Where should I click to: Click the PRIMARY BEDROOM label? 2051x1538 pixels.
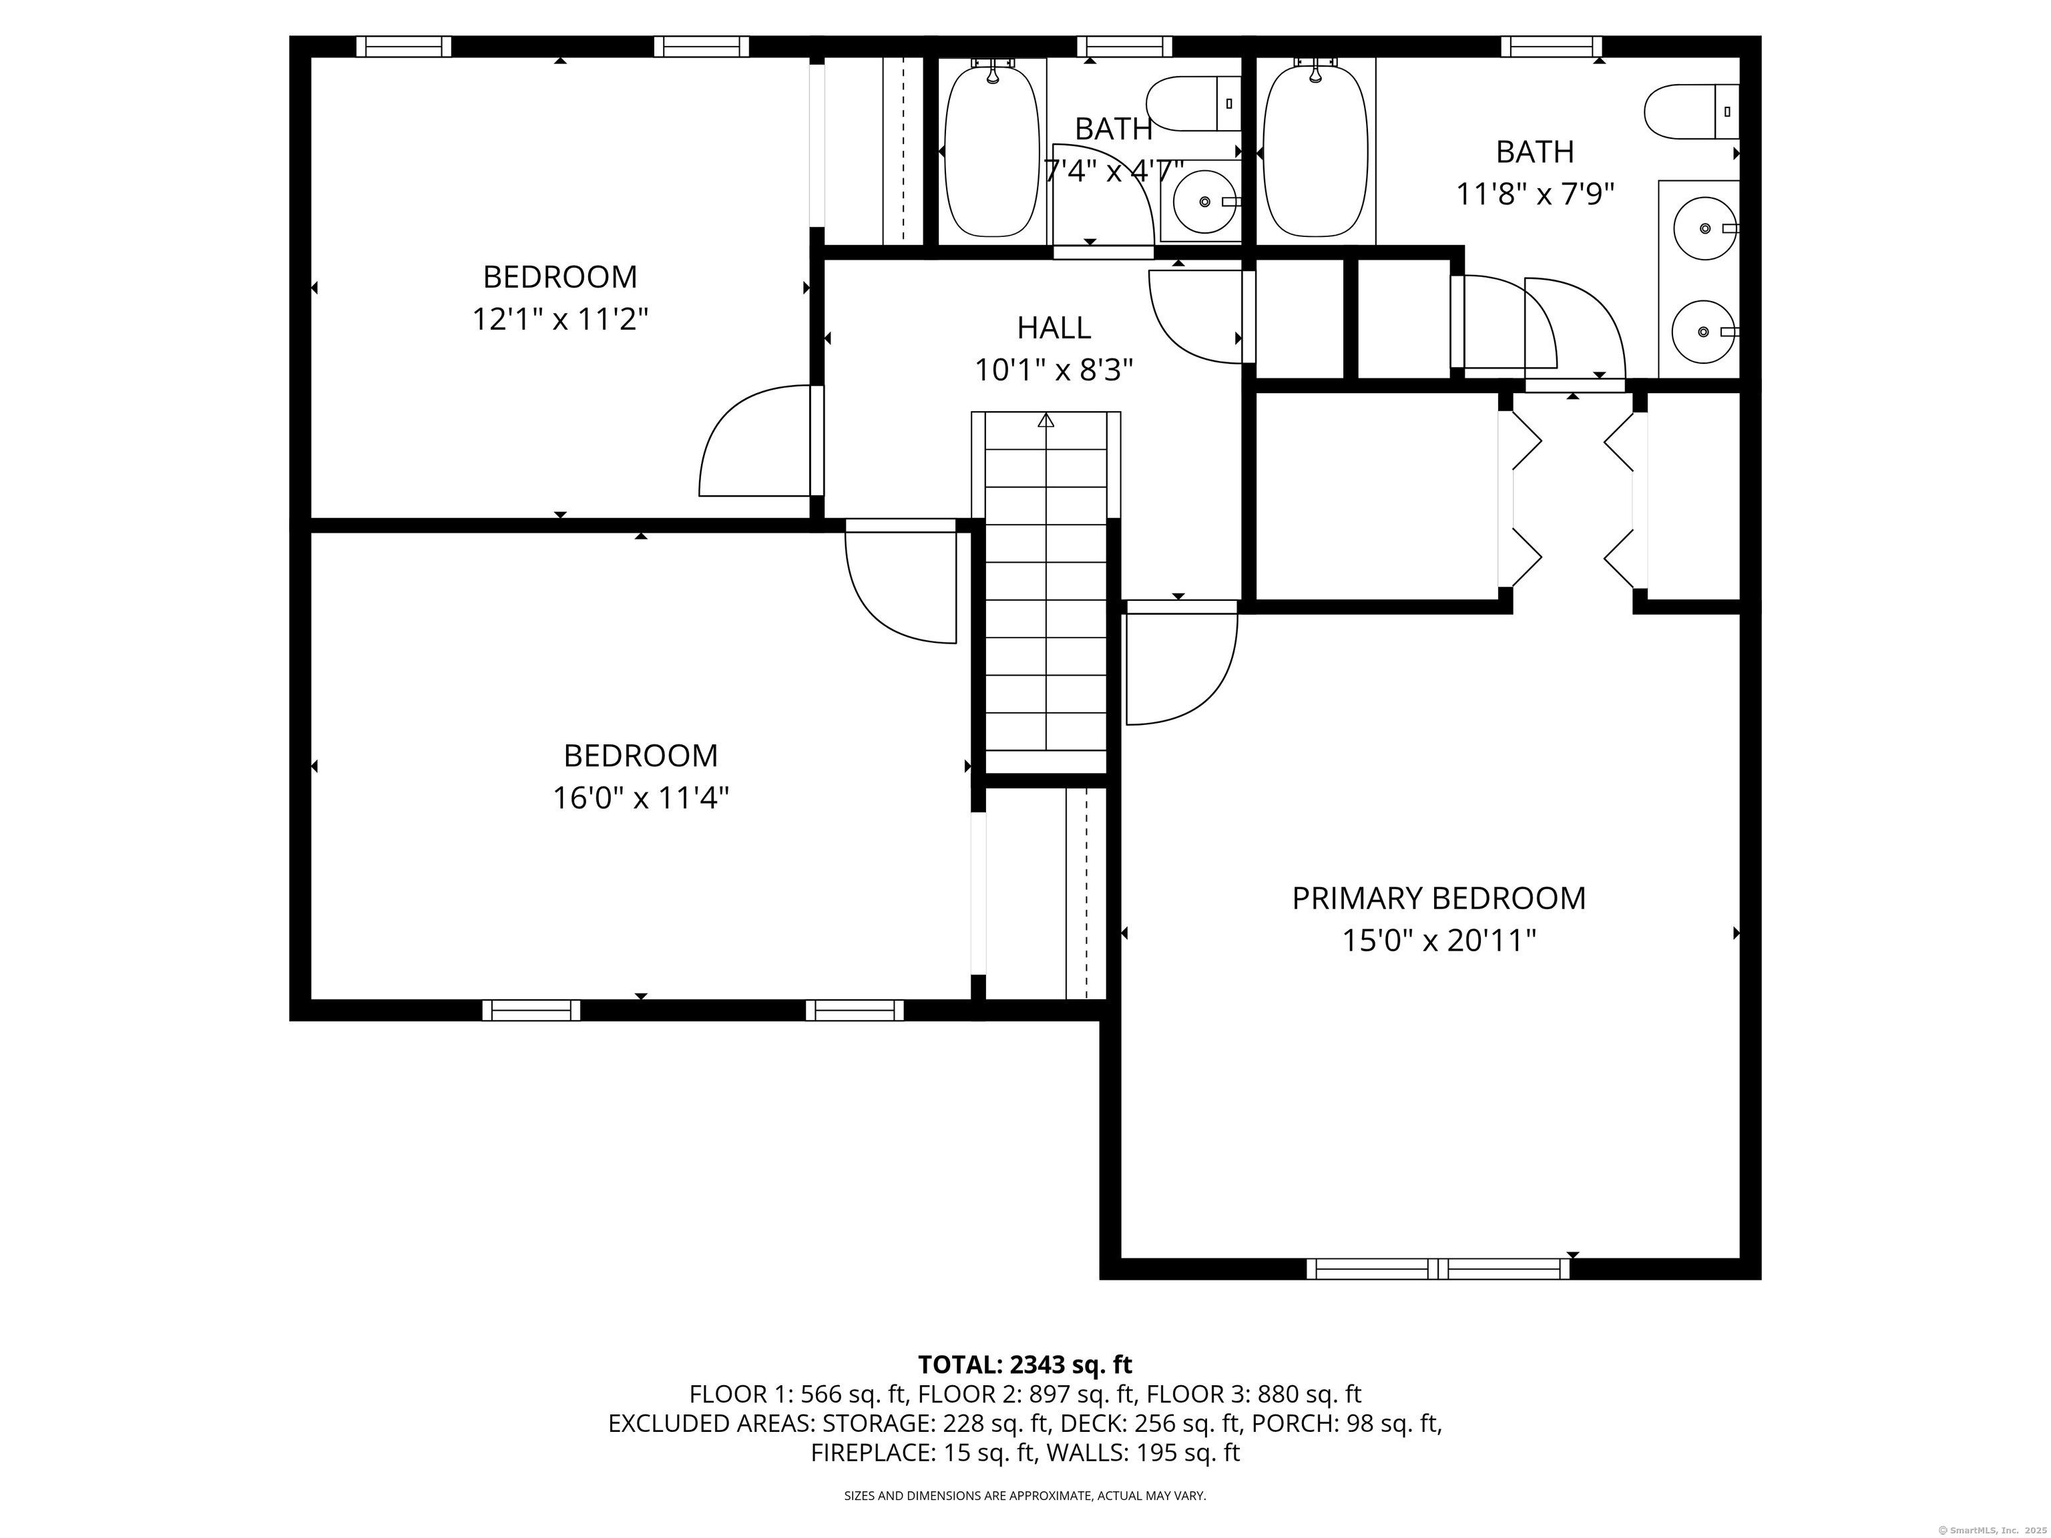[1438, 899]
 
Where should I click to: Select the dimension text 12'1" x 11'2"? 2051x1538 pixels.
[560, 320]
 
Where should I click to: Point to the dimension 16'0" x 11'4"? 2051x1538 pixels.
[641, 798]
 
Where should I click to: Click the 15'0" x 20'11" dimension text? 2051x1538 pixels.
[1439, 941]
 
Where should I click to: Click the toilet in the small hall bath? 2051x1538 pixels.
[1193, 104]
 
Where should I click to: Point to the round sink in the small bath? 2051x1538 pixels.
[1204, 201]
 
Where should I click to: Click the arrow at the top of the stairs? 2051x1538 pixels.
[1046, 420]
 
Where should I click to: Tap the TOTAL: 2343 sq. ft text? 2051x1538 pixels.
[1025, 1364]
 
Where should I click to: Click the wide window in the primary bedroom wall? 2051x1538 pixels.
[1438, 1269]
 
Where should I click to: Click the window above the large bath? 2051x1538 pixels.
[1551, 46]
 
